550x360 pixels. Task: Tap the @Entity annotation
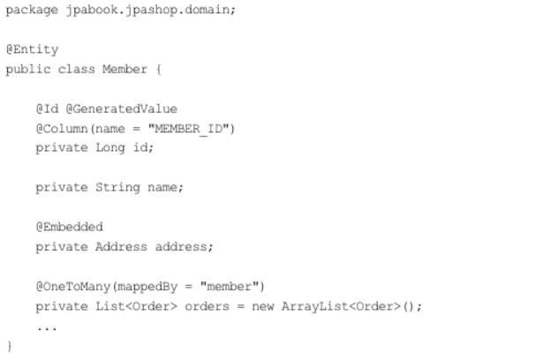(x=32, y=49)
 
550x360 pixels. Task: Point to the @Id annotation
(x=47, y=109)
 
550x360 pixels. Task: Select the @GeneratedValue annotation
(x=121, y=109)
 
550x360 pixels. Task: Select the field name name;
(x=165, y=187)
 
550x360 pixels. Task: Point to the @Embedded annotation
(x=69, y=227)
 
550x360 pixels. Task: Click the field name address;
(x=185, y=246)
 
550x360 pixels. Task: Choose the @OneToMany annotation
(x=72, y=286)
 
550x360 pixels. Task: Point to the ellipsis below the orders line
(x=47, y=327)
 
